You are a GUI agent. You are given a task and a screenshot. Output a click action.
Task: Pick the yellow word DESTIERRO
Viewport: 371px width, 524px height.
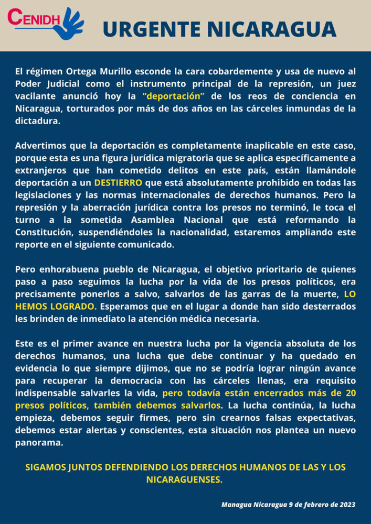118,182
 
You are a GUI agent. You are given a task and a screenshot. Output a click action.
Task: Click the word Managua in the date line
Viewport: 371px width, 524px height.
238,505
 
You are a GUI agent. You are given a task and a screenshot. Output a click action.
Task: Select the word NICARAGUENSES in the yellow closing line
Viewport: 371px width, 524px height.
185,479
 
